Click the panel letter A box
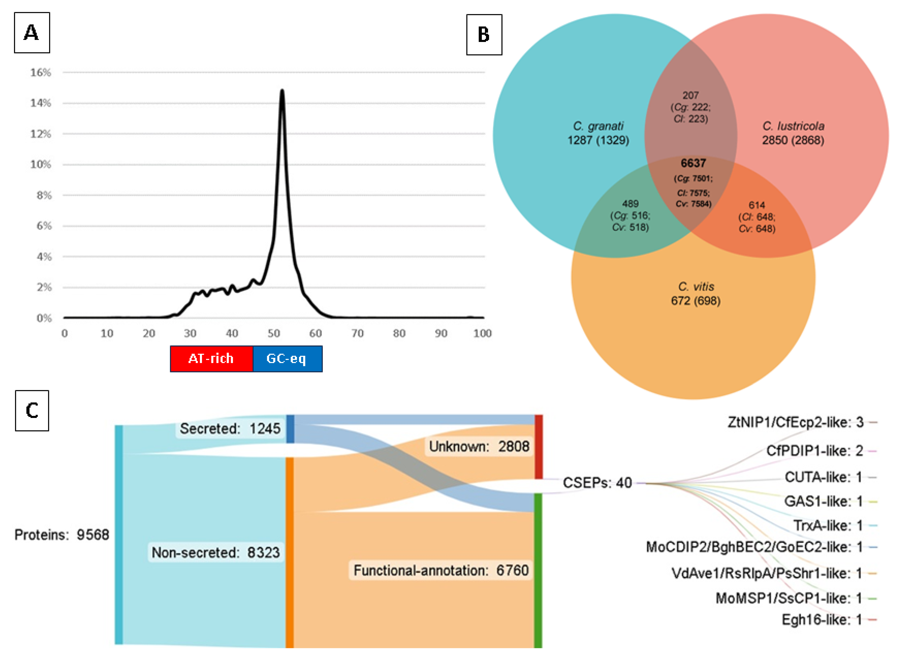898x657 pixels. coord(32,33)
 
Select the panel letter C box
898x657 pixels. coord(32,410)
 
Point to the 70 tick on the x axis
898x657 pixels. coord(357,333)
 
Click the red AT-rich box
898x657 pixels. coord(211,359)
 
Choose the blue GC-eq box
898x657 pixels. coord(287,359)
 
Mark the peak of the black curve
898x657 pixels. coord(282,91)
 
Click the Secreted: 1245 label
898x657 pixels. coord(230,428)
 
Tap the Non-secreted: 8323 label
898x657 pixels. coord(215,552)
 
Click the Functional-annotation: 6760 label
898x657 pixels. coord(441,570)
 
